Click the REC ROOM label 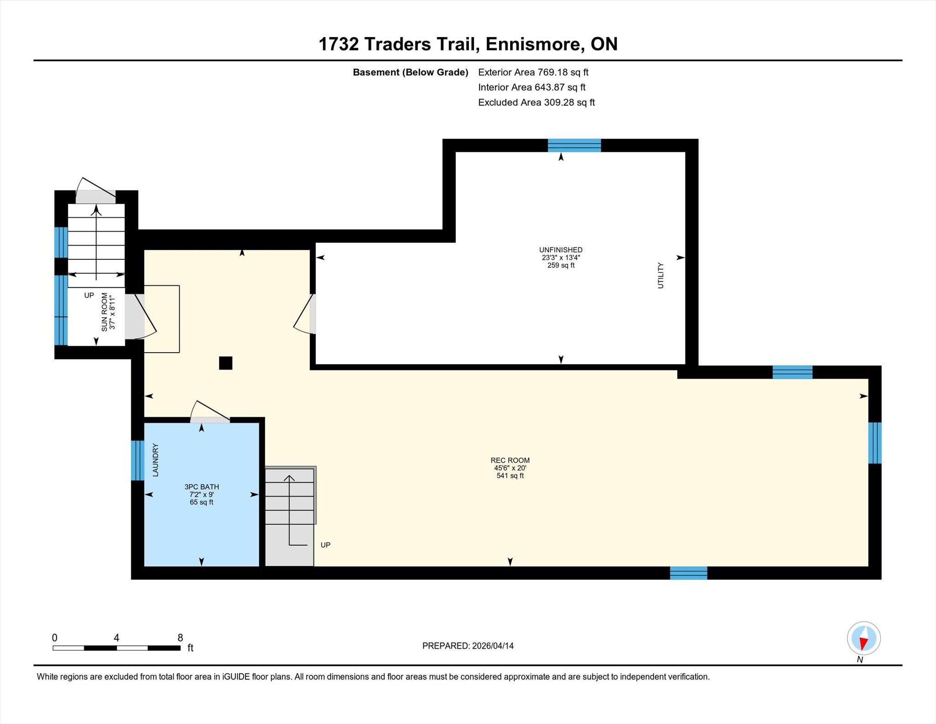[x=510, y=460]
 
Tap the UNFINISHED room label [x=561, y=250]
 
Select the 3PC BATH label [x=202, y=487]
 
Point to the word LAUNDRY [x=155, y=460]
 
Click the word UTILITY [x=660, y=275]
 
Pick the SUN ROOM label [x=105, y=312]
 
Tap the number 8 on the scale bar [x=180, y=638]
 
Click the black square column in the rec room [x=226, y=363]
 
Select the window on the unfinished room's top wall [x=574, y=145]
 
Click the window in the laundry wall [x=138, y=460]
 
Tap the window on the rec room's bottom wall [x=689, y=573]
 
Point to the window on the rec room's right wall [x=875, y=443]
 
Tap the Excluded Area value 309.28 [x=559, y=102]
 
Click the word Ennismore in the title [x=533, y=44]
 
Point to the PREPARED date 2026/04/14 [x=493, y=646]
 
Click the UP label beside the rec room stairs [x=325, y=545]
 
